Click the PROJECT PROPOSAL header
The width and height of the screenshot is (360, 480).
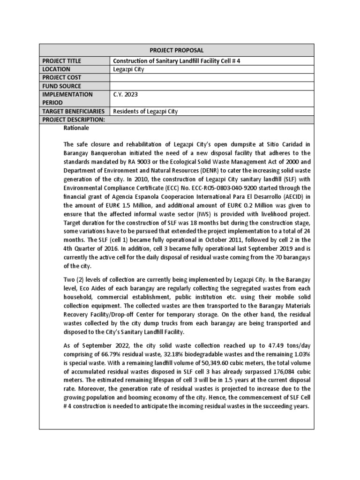click(x=176, y=50)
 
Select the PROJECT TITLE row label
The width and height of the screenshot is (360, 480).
click(x=61, y=61)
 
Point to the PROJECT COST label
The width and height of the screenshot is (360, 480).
click(x=61, y=78)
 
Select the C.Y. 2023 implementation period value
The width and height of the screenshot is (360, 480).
click(x=126, y=95)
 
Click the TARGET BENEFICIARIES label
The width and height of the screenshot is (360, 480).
click(x=74, y=112)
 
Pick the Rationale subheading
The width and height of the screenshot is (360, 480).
click(x=76, y=128)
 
